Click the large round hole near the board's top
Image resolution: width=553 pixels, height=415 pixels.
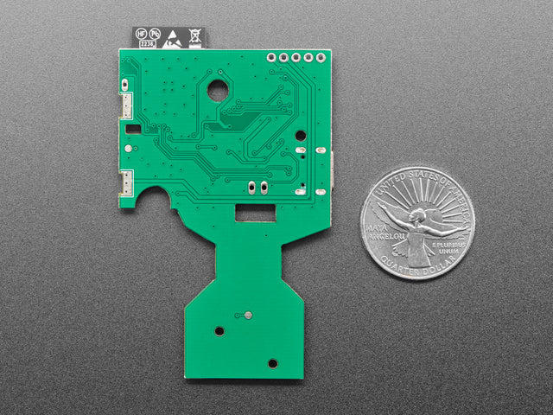click(217, 88)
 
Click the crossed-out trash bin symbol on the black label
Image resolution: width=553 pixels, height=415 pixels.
click(195, 36)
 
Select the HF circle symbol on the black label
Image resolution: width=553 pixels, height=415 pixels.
click(142, 35)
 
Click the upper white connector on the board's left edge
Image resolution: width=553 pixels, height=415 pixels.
click(126, 105)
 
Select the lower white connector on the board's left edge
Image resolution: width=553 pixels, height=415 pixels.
click(126, 182)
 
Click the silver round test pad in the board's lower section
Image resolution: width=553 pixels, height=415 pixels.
click(247, 315)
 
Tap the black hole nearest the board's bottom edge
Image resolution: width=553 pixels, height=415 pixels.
click(273, 363)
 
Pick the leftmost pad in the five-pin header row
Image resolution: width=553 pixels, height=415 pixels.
click(271, 58)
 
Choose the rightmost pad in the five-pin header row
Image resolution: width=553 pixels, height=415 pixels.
click(321, 58)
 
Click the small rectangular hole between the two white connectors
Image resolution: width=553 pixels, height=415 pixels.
click(133, 129)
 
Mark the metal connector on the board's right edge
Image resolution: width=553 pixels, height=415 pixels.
click(332, 172)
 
